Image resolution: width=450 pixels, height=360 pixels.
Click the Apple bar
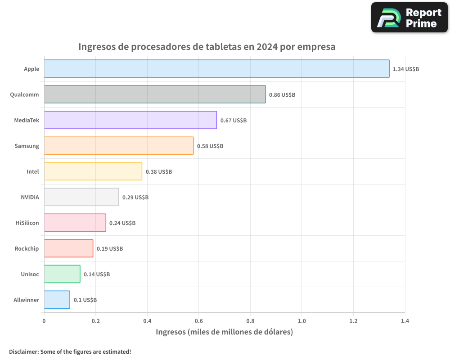[x=216, y=69]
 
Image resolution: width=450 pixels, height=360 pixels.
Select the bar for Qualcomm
[x=155, y=94]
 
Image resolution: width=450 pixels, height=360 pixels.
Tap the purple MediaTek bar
[x=130, y=120]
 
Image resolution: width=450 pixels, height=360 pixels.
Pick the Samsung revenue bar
[x=119, y=146]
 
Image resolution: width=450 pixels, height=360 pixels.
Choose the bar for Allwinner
[x=57, y=300]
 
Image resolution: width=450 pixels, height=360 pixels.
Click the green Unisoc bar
[x=62, y=274]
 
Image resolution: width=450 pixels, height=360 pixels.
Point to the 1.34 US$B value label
[x=406, y=69]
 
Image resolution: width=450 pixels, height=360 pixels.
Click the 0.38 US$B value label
[x=159, y=172]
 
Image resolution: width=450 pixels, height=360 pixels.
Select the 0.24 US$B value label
[x=122, y=223]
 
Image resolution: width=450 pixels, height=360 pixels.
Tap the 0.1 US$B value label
[x=85, y=300]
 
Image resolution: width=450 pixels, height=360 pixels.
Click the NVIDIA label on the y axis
[x=30, y=197]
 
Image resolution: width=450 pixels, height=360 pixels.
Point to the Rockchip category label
[x=27, y=248]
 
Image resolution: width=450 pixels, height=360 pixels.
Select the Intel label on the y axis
[x=32, y=171]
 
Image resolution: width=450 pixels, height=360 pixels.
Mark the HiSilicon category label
[x=27, y=223]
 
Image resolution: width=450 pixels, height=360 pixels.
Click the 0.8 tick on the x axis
[x=250, y=321]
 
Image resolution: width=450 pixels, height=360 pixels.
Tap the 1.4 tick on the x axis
[x=405, y=321]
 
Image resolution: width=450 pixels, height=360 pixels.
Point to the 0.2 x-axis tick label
[x=95, y=321]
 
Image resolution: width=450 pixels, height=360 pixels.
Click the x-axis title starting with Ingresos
[x=224, y=332]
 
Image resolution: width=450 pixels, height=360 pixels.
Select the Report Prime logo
[x=409, y=18]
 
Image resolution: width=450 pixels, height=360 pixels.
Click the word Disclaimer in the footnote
[x=23, y=351]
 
